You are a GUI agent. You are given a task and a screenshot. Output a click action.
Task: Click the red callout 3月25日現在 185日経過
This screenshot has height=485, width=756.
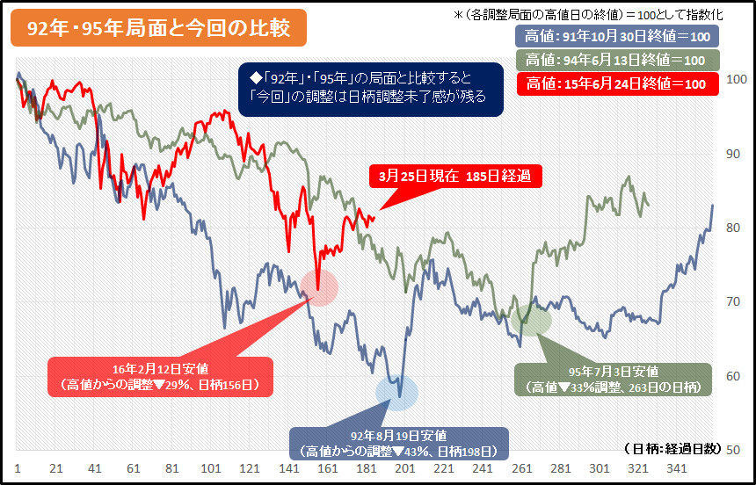[x=454, y=176]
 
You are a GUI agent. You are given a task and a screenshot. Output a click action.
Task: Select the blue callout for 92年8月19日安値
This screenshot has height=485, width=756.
[x=398, y=443]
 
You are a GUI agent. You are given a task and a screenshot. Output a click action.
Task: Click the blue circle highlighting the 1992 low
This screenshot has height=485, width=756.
[x=396, y=392]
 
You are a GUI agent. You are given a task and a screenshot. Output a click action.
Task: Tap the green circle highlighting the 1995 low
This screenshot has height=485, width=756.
[x=531, y=317]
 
